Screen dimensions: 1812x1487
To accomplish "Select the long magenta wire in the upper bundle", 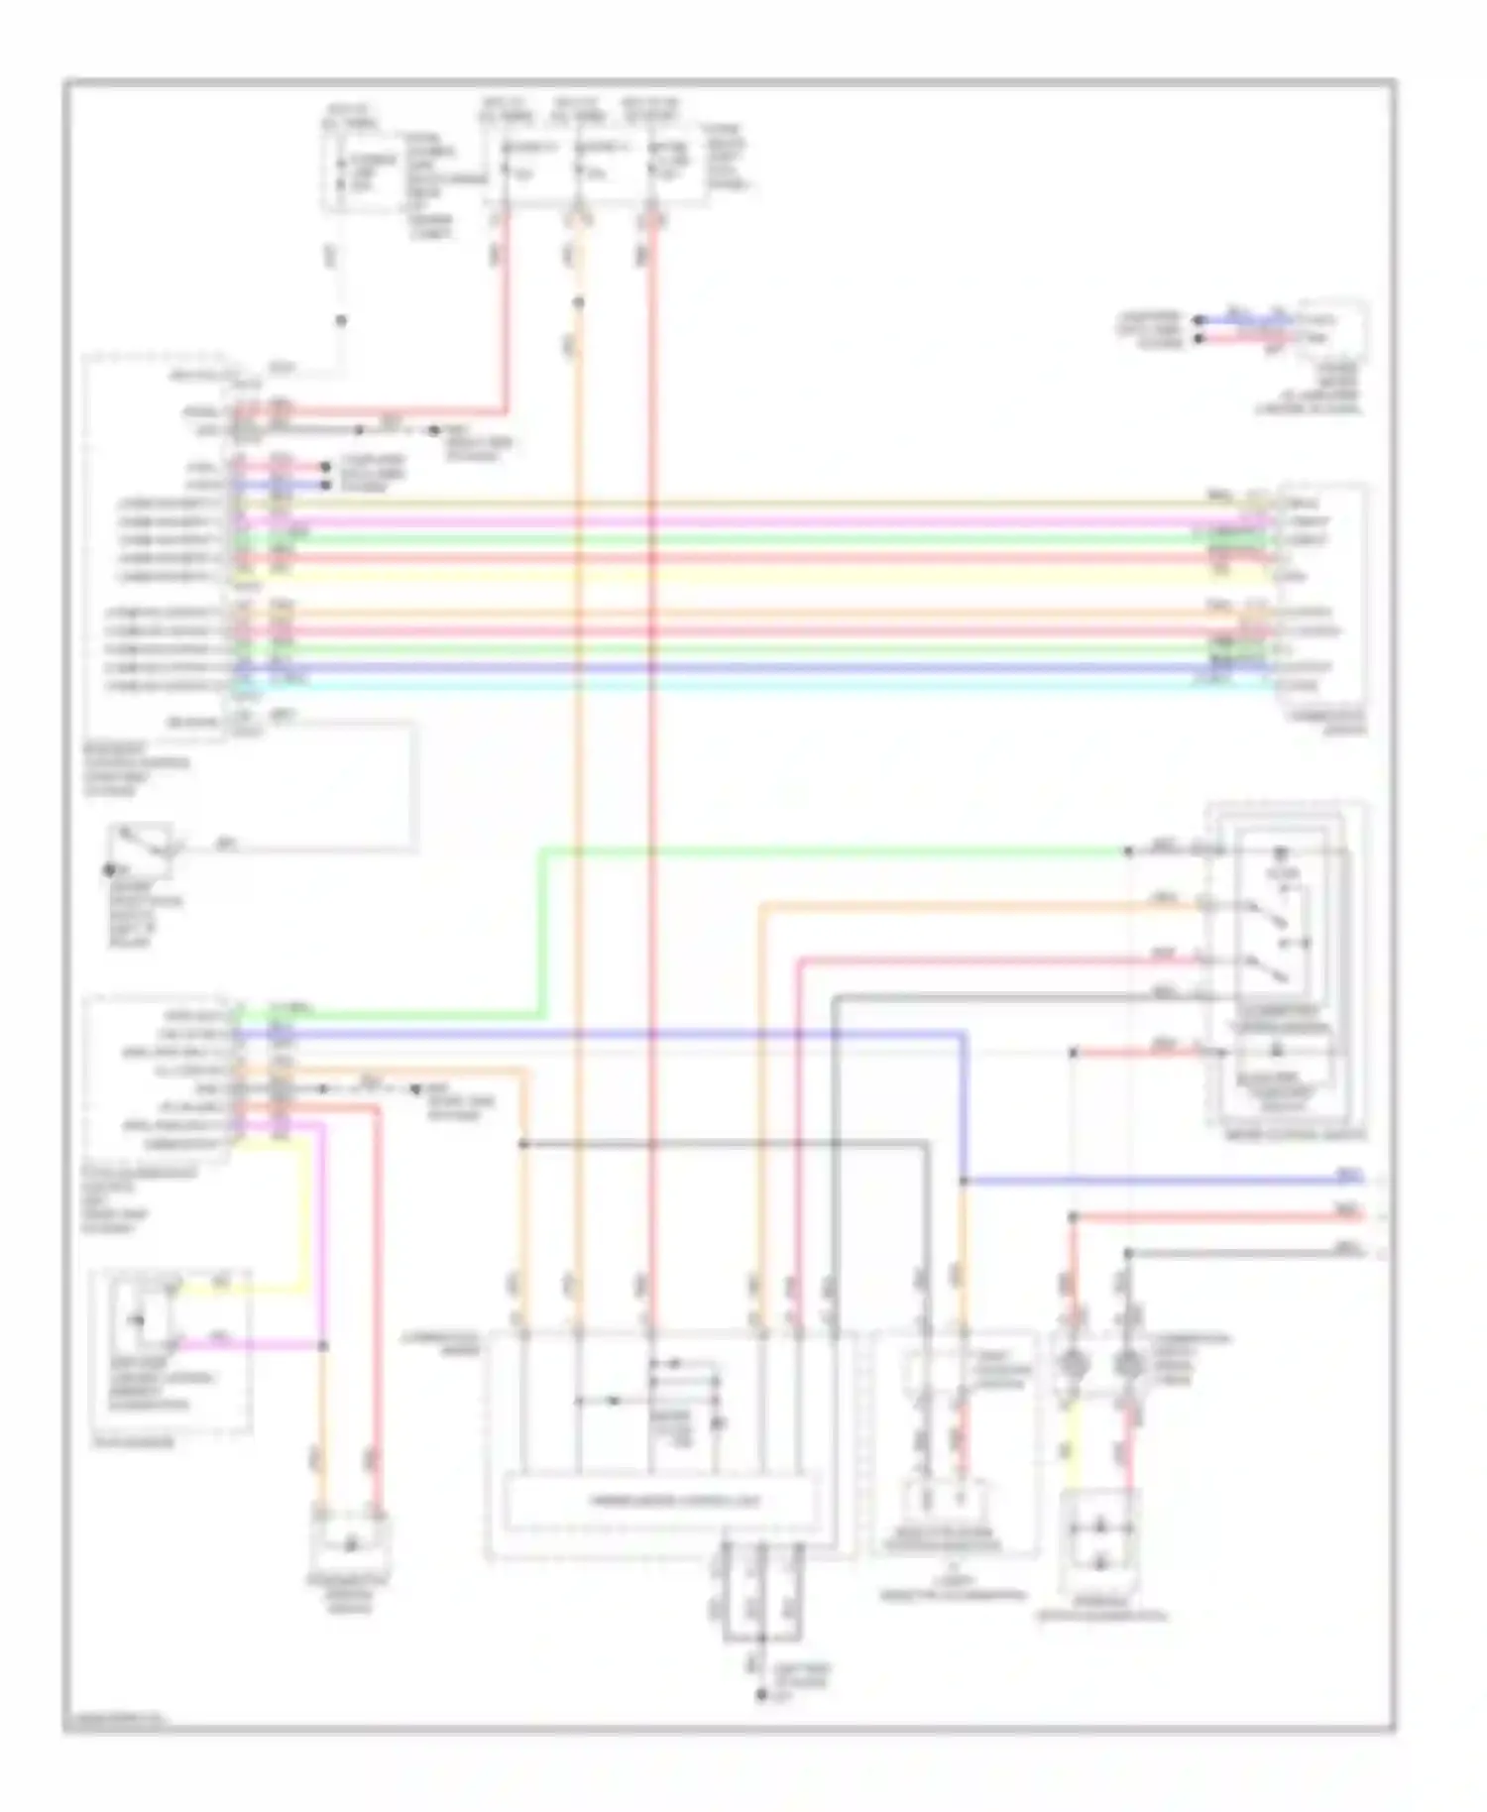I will click(x=753, y=521).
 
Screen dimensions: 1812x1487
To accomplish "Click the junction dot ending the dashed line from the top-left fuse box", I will click(x=341, y=321).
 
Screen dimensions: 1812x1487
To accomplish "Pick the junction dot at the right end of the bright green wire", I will click(x=1128, y=850).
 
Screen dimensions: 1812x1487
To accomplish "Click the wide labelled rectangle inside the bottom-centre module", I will click(x=662, y=1502).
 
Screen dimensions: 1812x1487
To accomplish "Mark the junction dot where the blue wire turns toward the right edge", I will click(x=964, y=1181).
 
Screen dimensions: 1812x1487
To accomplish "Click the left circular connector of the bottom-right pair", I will click(x=1072, y=1366).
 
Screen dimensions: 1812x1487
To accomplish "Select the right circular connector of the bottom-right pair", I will click(x=1127, y=1366).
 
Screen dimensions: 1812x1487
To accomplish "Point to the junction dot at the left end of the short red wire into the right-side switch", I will click(x=1073, y=1052).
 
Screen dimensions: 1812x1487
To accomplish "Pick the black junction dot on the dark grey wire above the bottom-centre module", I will click(x=522, y=1145).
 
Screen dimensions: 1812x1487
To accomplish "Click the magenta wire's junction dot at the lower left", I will click(x=322, y=1345).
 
